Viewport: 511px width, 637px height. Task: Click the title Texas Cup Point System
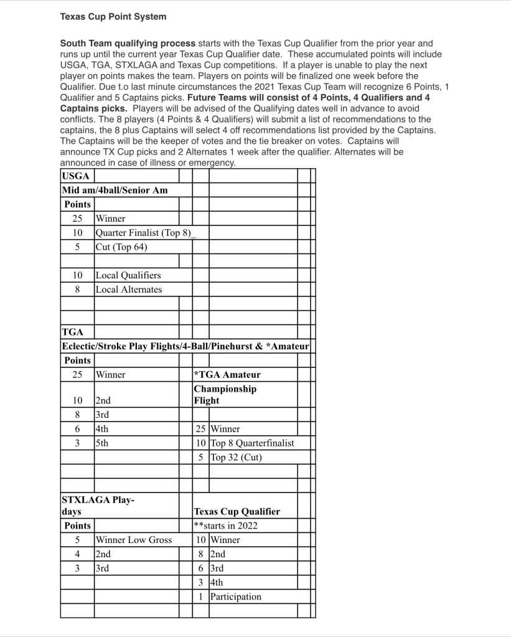point(113,17)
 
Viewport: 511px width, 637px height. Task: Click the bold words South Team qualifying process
point(128,44)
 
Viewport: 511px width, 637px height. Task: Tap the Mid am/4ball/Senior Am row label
point(115,190)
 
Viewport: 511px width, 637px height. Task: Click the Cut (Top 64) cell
point(121,247)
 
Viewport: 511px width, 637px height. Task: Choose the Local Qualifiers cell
point(128,275)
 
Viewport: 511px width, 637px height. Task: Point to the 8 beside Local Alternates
point(78,290)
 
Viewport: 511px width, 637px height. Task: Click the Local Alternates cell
point(129,290)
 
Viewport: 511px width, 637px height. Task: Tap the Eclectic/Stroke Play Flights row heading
point(185,346)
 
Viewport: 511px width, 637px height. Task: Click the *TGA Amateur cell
point(227,375)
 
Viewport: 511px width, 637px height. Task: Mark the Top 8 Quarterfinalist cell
point(252,443)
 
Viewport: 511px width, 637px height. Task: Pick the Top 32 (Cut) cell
point(236,458)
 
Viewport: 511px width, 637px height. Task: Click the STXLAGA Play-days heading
point(98,506)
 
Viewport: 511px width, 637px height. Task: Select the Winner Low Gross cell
point(134,540)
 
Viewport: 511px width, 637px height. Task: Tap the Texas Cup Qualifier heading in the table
point(237,511)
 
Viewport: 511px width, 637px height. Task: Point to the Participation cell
point(236,597)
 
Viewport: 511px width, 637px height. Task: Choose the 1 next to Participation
point(200,597)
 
